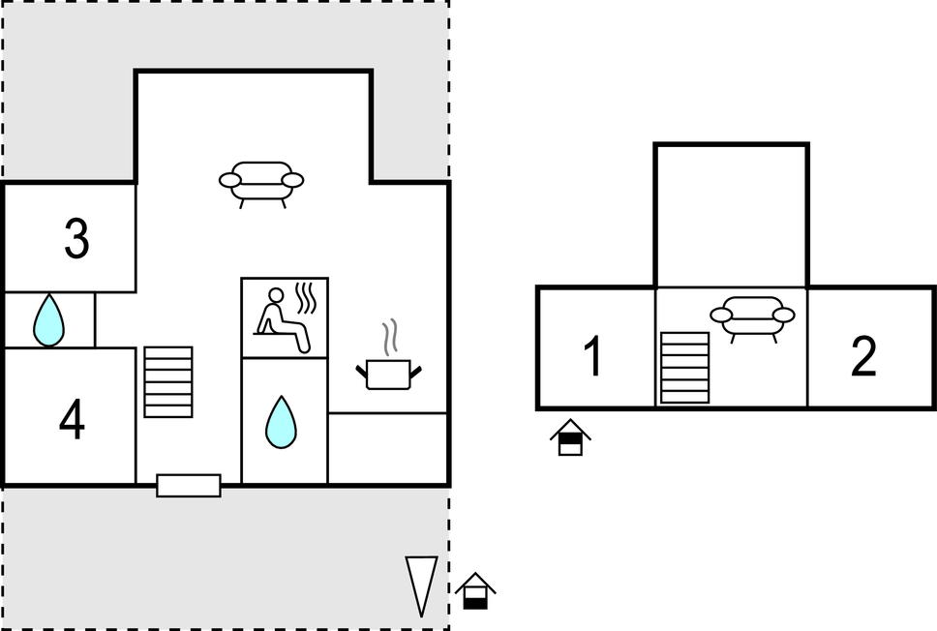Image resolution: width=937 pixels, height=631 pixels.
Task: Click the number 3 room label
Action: (76, 239)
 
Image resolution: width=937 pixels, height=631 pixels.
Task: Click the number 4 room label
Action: (72, 419)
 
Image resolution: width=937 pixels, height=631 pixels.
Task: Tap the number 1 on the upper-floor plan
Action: (594, 356)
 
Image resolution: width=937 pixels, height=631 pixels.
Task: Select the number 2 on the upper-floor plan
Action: (863, 357)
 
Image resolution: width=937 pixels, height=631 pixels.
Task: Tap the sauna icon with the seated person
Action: (284, 317)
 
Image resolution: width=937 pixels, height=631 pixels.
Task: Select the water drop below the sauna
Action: (282, 422)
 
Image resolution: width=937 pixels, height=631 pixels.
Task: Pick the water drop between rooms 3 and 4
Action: (48, 320)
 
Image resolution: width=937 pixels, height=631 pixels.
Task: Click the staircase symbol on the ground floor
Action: (167, 381)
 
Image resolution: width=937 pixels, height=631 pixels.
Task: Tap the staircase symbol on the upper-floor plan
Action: (684, 367)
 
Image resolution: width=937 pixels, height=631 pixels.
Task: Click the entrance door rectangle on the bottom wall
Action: (189, 485)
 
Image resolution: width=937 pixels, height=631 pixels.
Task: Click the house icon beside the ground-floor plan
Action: (475, 591)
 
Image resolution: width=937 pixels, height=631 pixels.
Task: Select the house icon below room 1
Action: (570, 437)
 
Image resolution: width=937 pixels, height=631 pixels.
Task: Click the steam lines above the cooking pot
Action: (390, 338)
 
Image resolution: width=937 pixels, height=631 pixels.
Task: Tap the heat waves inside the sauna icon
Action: (308, 298)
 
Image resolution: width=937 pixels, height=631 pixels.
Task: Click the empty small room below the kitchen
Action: (387, 448)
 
